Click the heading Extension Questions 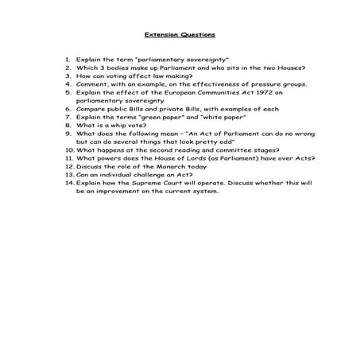(x=180, y=34)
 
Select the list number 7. (x=69, y=117)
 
